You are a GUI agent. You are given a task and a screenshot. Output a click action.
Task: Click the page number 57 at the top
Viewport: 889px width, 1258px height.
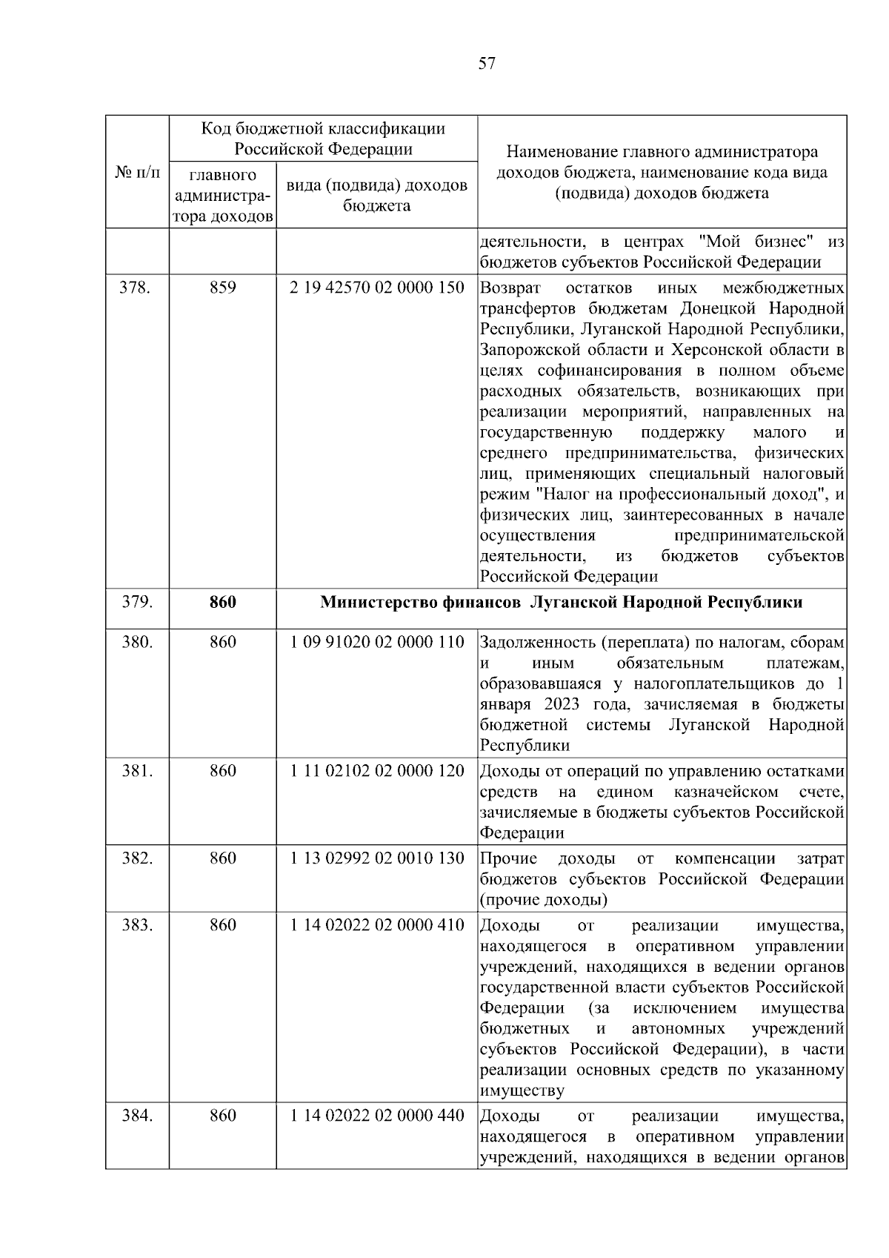click(486, 64)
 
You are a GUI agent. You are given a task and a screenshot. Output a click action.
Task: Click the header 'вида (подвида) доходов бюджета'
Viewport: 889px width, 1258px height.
click(376, 195)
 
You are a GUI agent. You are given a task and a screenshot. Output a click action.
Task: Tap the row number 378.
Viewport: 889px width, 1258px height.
click(136, 288)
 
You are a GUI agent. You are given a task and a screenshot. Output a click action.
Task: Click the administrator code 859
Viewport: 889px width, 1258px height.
click(222, 288)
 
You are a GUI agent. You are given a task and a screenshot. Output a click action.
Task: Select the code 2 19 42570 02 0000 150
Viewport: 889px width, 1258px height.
click(377, 288)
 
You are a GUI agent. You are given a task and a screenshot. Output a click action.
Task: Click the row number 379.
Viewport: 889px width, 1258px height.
click(136, 602)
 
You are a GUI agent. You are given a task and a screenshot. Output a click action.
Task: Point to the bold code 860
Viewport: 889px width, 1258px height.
click(222, 602)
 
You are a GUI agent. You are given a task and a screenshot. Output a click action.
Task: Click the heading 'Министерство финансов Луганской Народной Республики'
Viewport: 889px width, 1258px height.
click(561, 602)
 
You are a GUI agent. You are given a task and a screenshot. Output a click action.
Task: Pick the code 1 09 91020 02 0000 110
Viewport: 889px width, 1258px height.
click(377, 642)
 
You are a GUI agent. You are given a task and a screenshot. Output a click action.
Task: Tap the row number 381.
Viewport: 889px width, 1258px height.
click(136, 771)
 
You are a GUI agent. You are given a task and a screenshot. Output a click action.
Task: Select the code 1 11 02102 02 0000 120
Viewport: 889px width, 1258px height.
click(377, 771)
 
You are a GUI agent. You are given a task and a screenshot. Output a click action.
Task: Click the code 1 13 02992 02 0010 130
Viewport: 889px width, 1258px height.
click(377, 858)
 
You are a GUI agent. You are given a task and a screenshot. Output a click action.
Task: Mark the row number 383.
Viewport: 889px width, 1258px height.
click(136, 925)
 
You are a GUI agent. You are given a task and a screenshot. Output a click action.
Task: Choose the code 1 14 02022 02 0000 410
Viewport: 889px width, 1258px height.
click(377, 925)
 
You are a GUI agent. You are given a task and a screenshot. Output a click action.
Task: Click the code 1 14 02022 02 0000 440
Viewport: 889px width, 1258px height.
click(377, 1116)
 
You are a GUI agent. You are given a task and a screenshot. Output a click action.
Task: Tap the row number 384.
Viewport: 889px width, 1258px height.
click(136, 1116)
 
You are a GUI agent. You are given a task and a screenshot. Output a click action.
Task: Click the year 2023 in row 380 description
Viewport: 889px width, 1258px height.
click(562, 704)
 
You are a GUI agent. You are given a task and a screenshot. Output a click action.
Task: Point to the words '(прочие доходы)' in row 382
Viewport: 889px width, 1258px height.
click(544, 900)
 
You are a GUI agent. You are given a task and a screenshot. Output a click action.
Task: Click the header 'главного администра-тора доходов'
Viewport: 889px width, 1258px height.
click(222, 196)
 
